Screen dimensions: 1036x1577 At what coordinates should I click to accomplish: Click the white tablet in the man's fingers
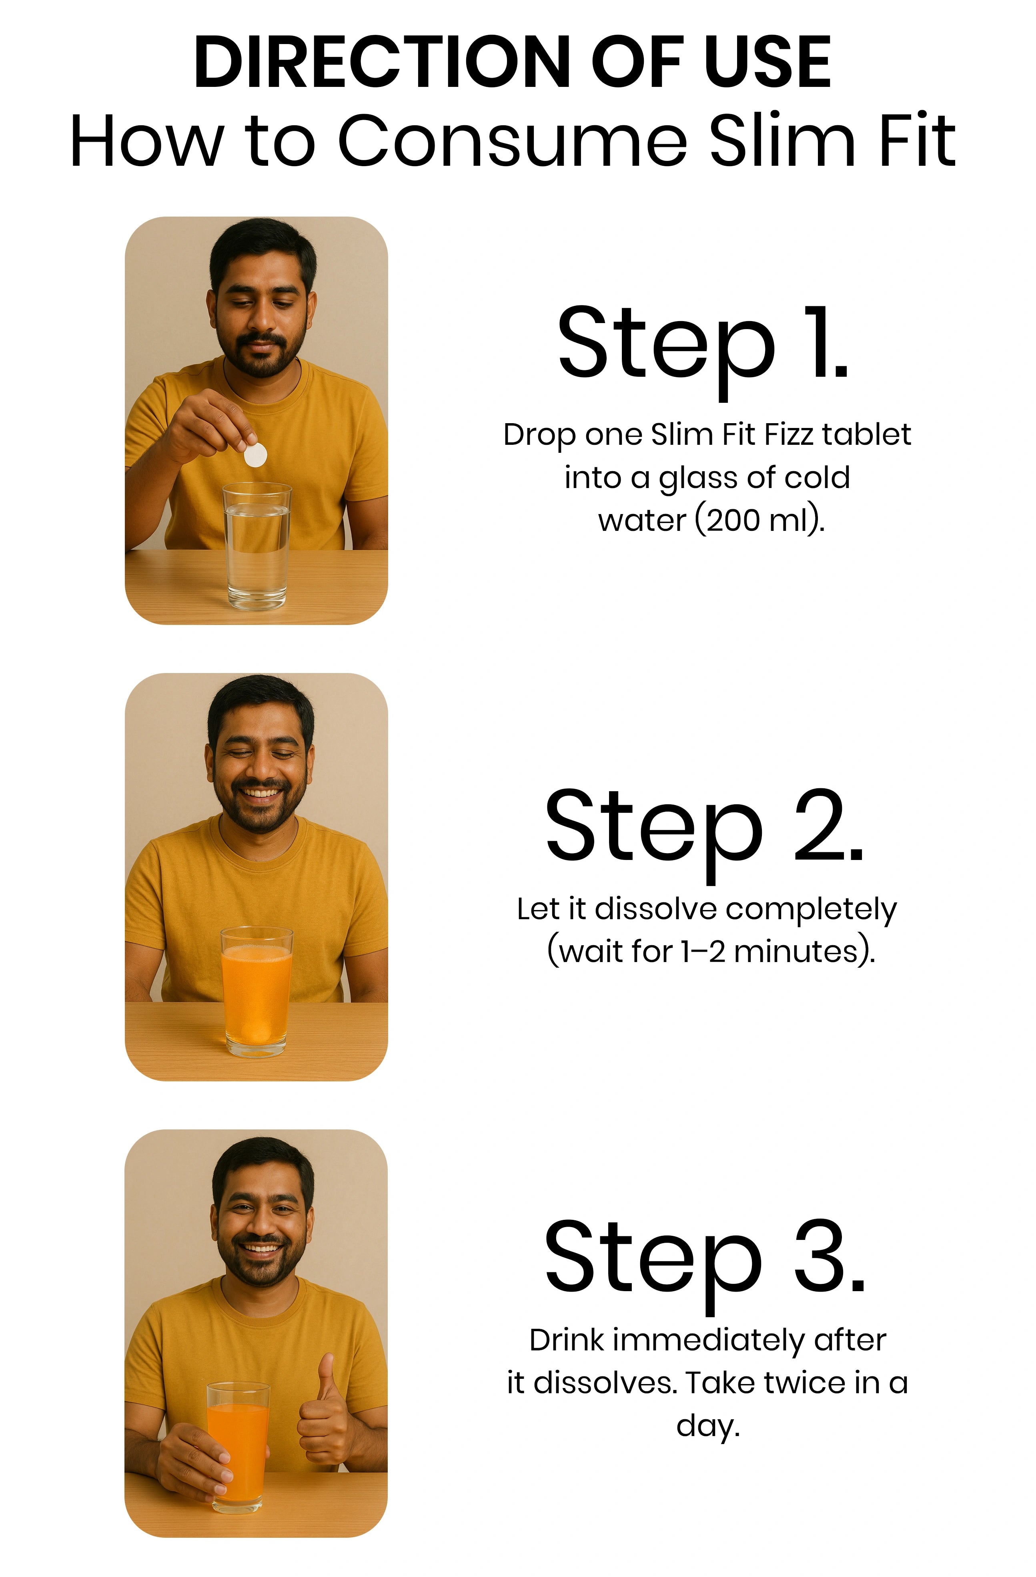tap(255, 454)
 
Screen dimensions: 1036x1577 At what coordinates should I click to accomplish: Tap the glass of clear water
tap(257, 546)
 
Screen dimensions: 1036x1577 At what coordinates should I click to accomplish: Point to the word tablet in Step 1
tap(866, 435)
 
